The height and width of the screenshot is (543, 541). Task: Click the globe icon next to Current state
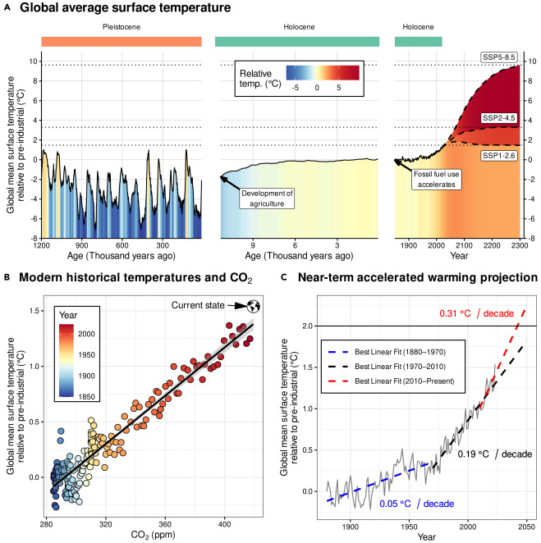coord(254,306)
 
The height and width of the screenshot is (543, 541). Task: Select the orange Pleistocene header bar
coord(120,41)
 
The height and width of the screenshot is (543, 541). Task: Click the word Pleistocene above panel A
coord(120,25)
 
